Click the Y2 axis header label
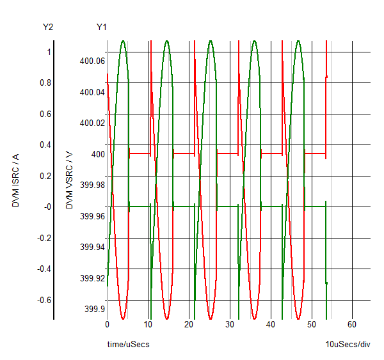point(48,27)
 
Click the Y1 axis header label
point(102,27)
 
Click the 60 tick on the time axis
point(351,324)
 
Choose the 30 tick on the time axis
point(229,324)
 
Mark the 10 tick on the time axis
point(148,324)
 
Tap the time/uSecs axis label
point(128,345)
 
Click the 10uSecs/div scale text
point(348,345)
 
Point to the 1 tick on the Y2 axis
point(49,52)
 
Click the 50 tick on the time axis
point(311,324)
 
